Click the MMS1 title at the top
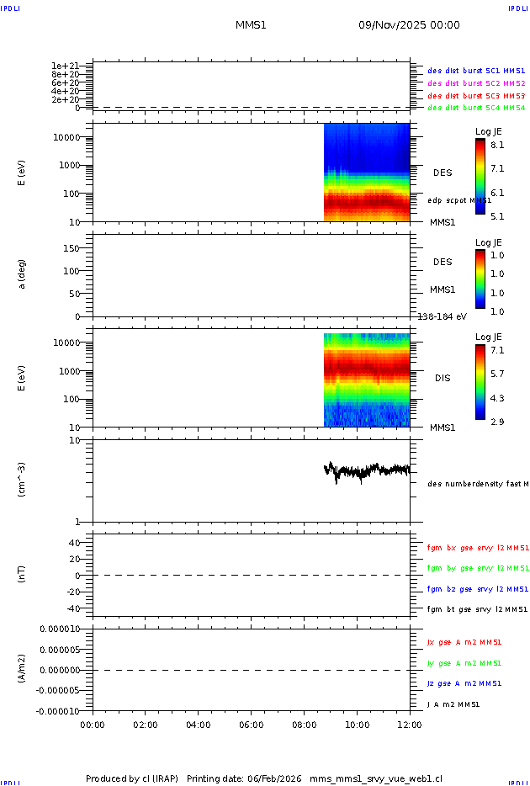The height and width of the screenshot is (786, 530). tap(251, 25)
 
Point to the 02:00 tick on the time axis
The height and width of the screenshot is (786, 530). tap(146, 724)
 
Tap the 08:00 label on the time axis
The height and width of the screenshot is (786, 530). tap(305, 724)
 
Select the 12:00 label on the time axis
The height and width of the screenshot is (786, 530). tap(411, 724)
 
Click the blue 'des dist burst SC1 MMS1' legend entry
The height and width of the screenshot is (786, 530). tap(476, 72)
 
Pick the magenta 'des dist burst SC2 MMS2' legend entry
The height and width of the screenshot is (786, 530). tap(476, 83)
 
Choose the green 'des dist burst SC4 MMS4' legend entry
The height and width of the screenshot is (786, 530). tap(476, 108)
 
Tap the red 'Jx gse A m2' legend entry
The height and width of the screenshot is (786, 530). tap(465, 642)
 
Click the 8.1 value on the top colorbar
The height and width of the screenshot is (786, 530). tap(497, 145)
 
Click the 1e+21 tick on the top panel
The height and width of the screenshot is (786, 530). tap(65, 66)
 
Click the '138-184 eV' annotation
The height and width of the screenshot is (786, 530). tap(440, 316)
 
